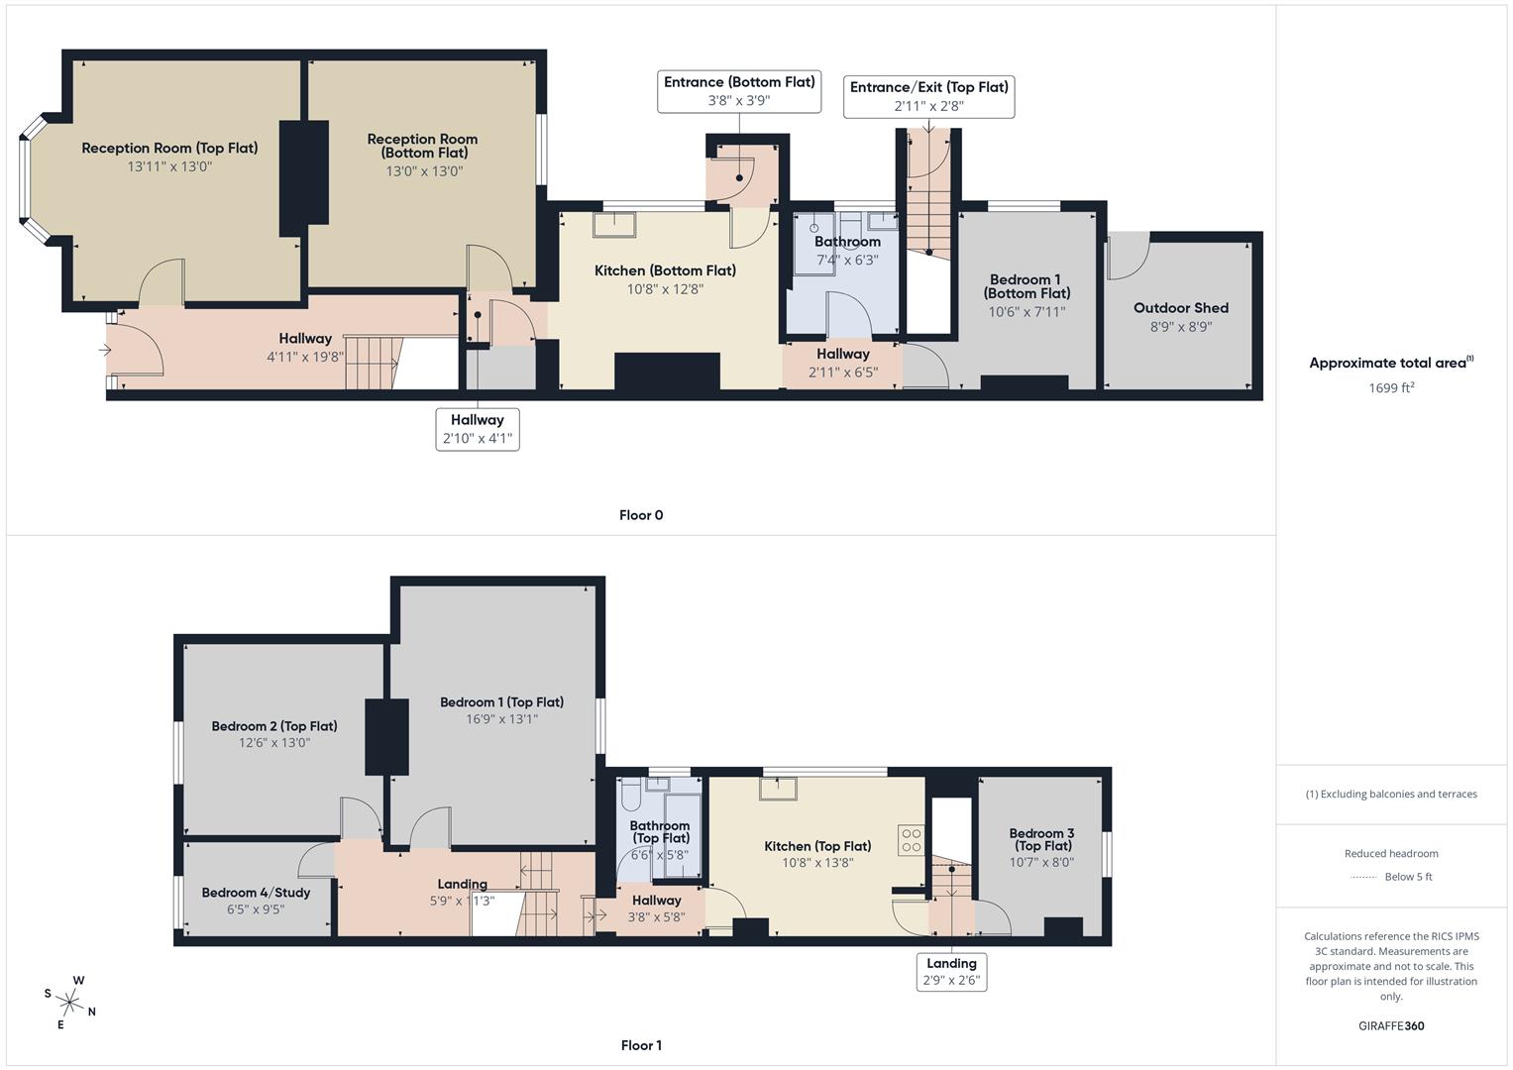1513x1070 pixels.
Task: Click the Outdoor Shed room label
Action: pos(1180,308)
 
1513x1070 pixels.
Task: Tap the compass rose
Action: pos(69,1001)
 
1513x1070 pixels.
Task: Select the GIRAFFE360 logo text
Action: pos(1391,1025)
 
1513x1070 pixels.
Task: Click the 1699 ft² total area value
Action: pos(1391,387)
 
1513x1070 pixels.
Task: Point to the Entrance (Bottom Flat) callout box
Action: pos(738,91)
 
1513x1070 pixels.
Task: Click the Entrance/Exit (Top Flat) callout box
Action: pos(928,96)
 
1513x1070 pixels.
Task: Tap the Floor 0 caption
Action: pos(641,515)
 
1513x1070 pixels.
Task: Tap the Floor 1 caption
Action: pos(641,1045)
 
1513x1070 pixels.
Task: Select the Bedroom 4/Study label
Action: pos(256,893)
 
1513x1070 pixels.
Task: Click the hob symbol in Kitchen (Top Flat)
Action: pos(912,841)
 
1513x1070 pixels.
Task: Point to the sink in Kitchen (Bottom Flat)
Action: pos(614,225)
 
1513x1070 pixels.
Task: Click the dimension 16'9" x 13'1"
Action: pos(501,719)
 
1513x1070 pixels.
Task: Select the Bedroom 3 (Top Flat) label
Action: pos(1041,839)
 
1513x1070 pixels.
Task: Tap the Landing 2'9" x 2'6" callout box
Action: pos(951,972)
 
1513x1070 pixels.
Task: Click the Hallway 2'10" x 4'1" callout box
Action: pos(478,429)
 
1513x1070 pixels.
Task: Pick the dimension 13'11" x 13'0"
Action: pos(169,166)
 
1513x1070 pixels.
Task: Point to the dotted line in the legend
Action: pos(1363,877)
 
